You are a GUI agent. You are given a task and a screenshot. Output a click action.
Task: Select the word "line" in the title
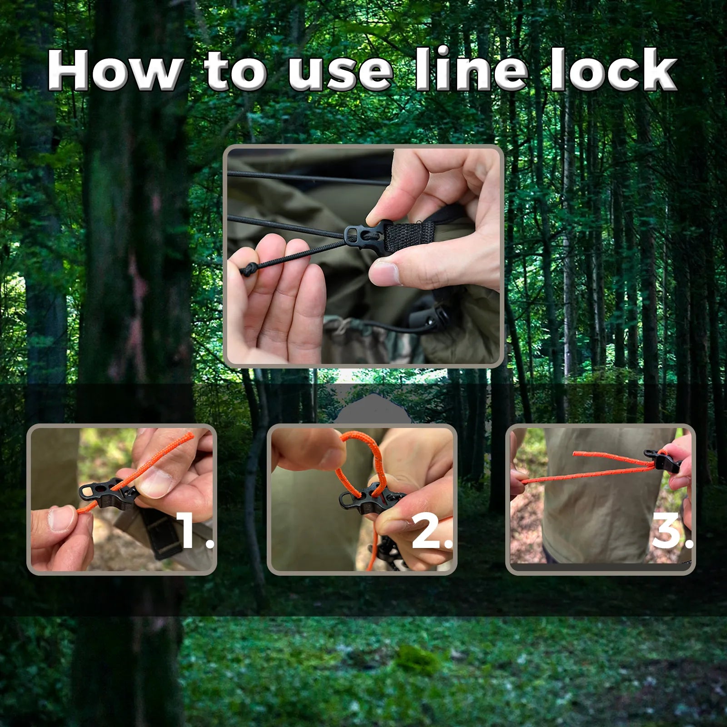pos(472,69)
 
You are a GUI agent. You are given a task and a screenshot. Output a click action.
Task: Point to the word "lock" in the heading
pos(614,69)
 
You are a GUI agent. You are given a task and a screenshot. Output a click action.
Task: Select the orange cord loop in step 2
pos(359,459)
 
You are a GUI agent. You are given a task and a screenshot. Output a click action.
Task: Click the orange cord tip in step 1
pos(191,435)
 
